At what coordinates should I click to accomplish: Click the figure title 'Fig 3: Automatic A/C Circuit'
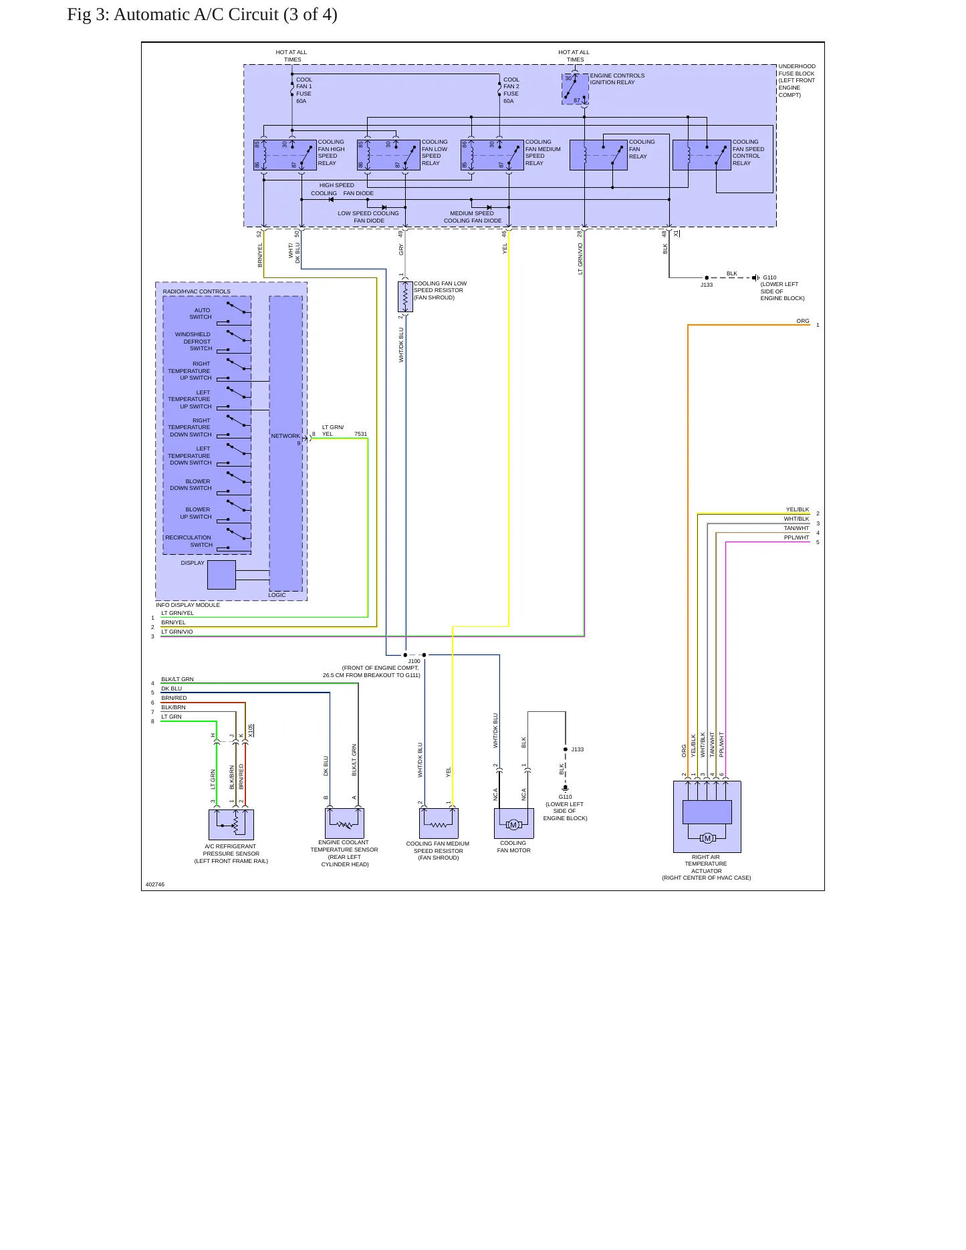[x=174, y=15]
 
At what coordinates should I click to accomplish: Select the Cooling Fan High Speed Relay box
[x=285, y=155]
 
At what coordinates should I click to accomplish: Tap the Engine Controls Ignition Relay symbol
[x=575, y=90]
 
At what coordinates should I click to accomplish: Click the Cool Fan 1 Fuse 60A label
[x=304, y=90]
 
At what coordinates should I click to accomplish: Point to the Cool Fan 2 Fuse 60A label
[x=511, y=90]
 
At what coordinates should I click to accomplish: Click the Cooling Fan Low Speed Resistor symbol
[x=405, y=297]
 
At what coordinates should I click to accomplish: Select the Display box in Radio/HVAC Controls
[x=221, y=575]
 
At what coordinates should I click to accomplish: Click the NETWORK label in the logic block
[x=285, y=436]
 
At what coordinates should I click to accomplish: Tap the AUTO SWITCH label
[x=201, y=314]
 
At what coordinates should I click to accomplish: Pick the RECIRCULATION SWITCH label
[x=189, y=541]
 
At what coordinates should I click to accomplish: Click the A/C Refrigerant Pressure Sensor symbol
[x=231, y=824]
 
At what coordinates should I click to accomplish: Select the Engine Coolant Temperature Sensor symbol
[x=344, y=823]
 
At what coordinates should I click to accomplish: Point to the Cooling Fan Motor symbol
[x=513, y=824]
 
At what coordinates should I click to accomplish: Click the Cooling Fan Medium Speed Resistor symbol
[x=439, y=824]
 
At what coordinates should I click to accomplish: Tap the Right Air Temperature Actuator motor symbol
[x=707, y=838]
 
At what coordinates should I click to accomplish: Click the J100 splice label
[x=414, y=661]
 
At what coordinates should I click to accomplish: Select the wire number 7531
[x=361, y=434]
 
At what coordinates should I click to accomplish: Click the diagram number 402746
[x=155, y=884]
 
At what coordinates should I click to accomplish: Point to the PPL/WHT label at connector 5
[x=797, y=537]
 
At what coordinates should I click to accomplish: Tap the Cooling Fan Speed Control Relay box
[x=701, y=155]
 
